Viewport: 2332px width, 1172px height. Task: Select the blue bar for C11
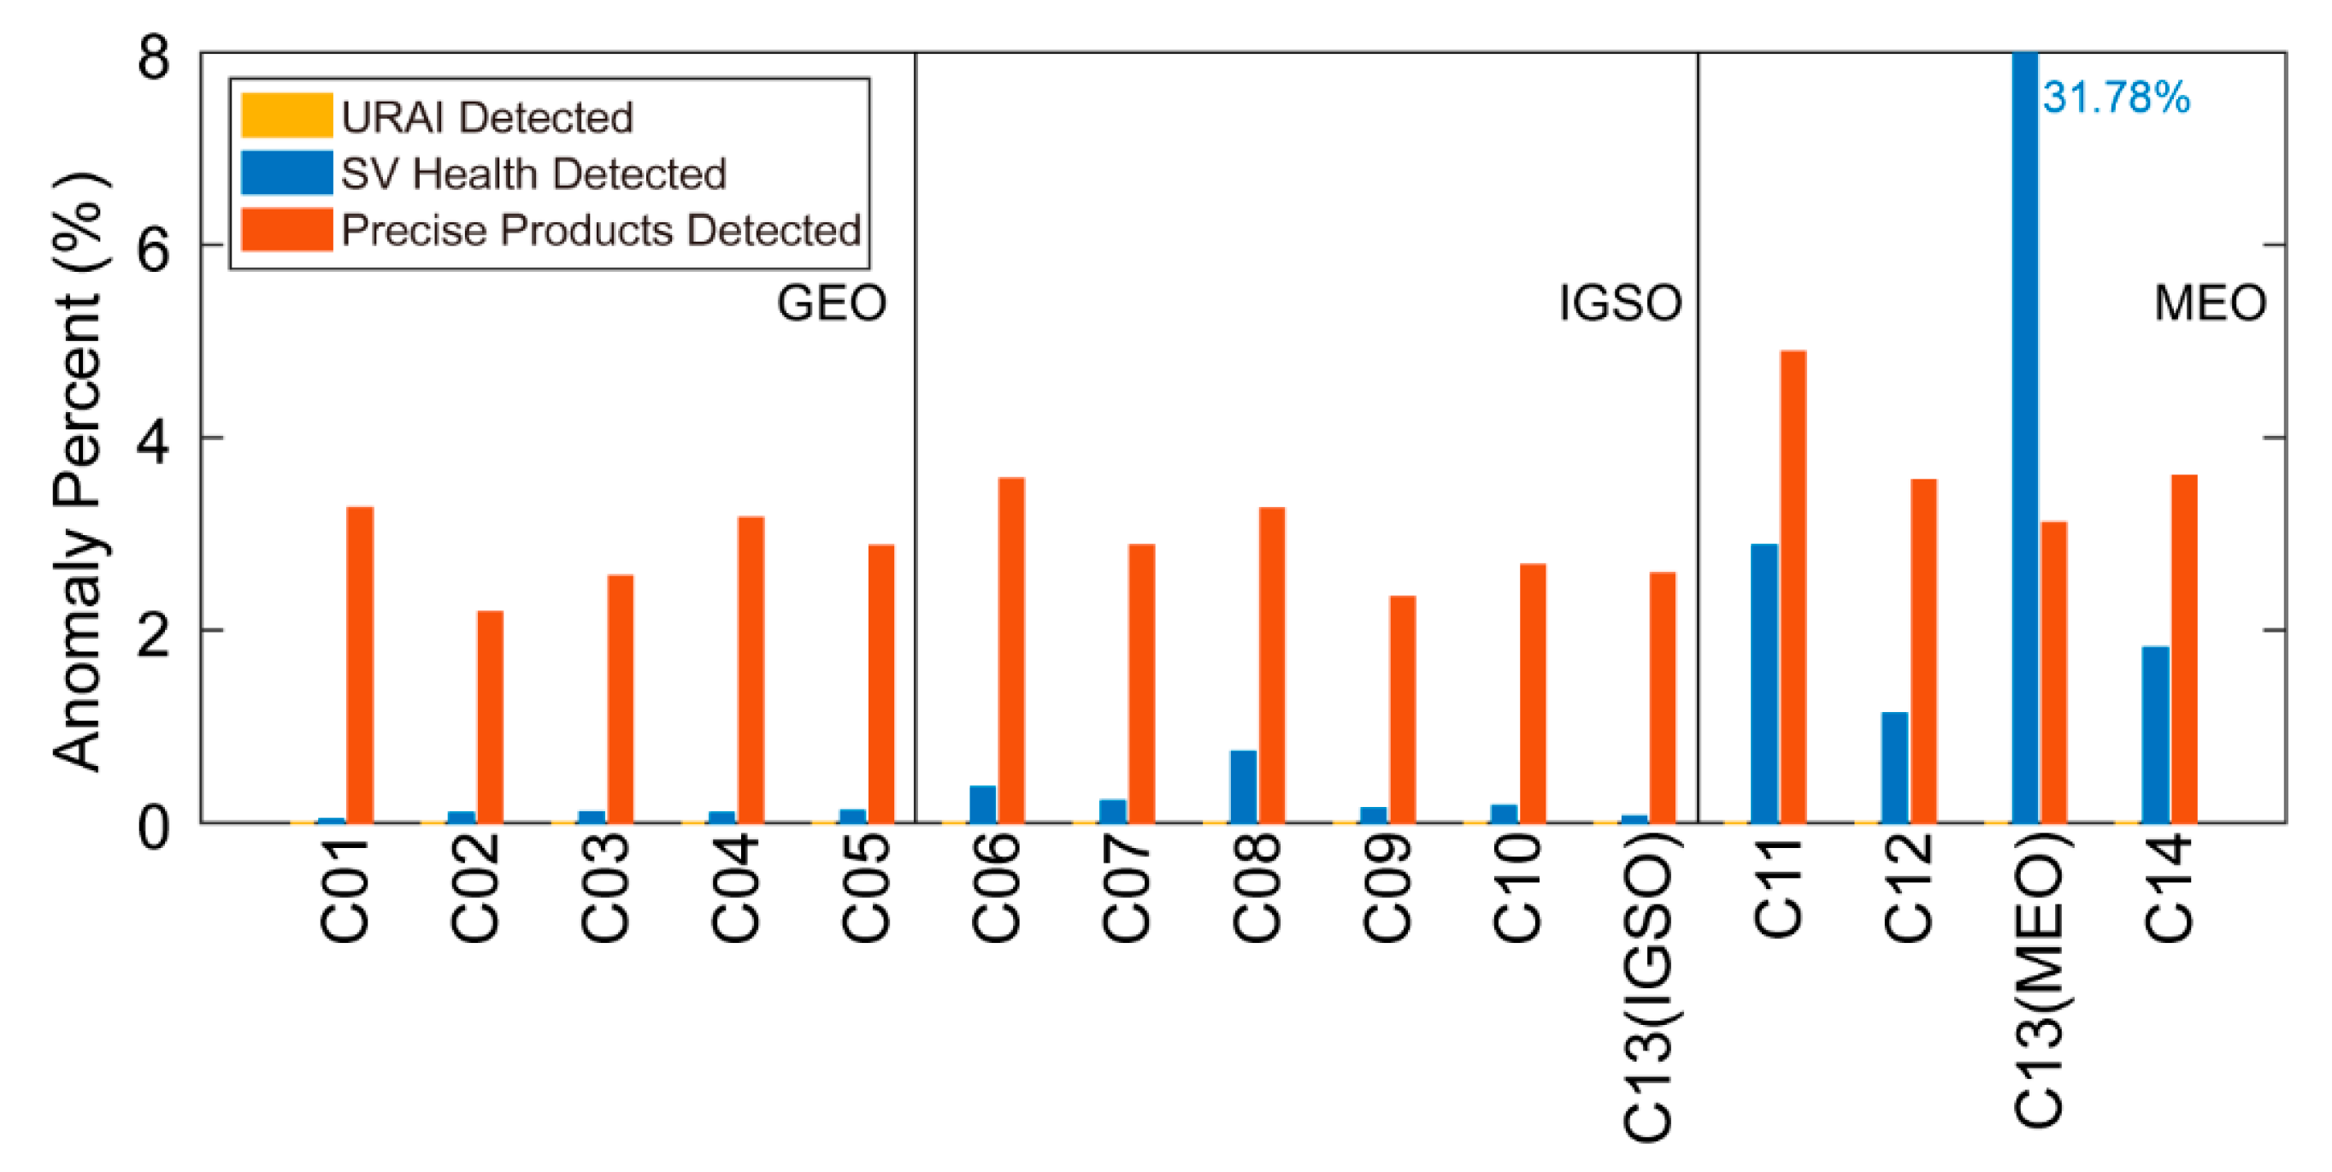(1764, 683)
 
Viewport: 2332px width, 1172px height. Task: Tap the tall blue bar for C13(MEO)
(2024, 434)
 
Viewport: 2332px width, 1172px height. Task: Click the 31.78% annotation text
(2116, 97)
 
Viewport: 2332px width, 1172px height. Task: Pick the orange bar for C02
(490, 716)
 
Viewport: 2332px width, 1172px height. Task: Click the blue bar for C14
(2155, 734)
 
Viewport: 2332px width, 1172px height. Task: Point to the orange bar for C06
(1011, 650)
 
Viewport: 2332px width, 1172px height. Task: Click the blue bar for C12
(1893, 768)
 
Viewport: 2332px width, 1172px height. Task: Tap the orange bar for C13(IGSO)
(1662, 697)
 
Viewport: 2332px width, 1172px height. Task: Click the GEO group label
(831, 303)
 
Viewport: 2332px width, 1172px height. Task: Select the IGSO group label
(1620, 303)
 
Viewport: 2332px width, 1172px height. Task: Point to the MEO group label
(2210, 303)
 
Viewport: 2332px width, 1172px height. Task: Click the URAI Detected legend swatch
(286, 117)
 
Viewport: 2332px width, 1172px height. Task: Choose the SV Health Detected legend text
(533, 174)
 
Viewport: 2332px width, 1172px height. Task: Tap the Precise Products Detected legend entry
(600, 230)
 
